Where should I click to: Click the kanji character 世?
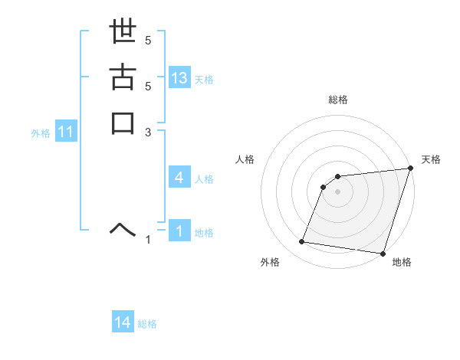[x=123, y=34]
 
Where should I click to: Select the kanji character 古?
[x=123, y=79]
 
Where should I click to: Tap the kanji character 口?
[x=123, y=123]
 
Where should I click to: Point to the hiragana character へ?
[x=123, y=227]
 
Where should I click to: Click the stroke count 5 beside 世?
[x=148, y=41]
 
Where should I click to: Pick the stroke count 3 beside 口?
[x=148, y=132]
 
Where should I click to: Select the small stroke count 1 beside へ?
[x=148, y=240]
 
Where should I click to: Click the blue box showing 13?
[x=179, y=78]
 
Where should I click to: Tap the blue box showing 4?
[x=179, y=178]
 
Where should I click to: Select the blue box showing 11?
[x=66, y=133]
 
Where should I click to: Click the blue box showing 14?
[x=123, y=323]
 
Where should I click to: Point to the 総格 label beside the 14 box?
[x=147, y=324]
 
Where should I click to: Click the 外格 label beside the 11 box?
[x=41, y=133]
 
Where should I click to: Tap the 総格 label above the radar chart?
[x=338, y=100]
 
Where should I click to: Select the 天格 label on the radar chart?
[x=432, y=159]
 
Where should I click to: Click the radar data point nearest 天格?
[x=410, y=169]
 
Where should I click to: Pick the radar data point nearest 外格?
[x=302, y=242]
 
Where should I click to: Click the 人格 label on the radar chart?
[x=245, y=159]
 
